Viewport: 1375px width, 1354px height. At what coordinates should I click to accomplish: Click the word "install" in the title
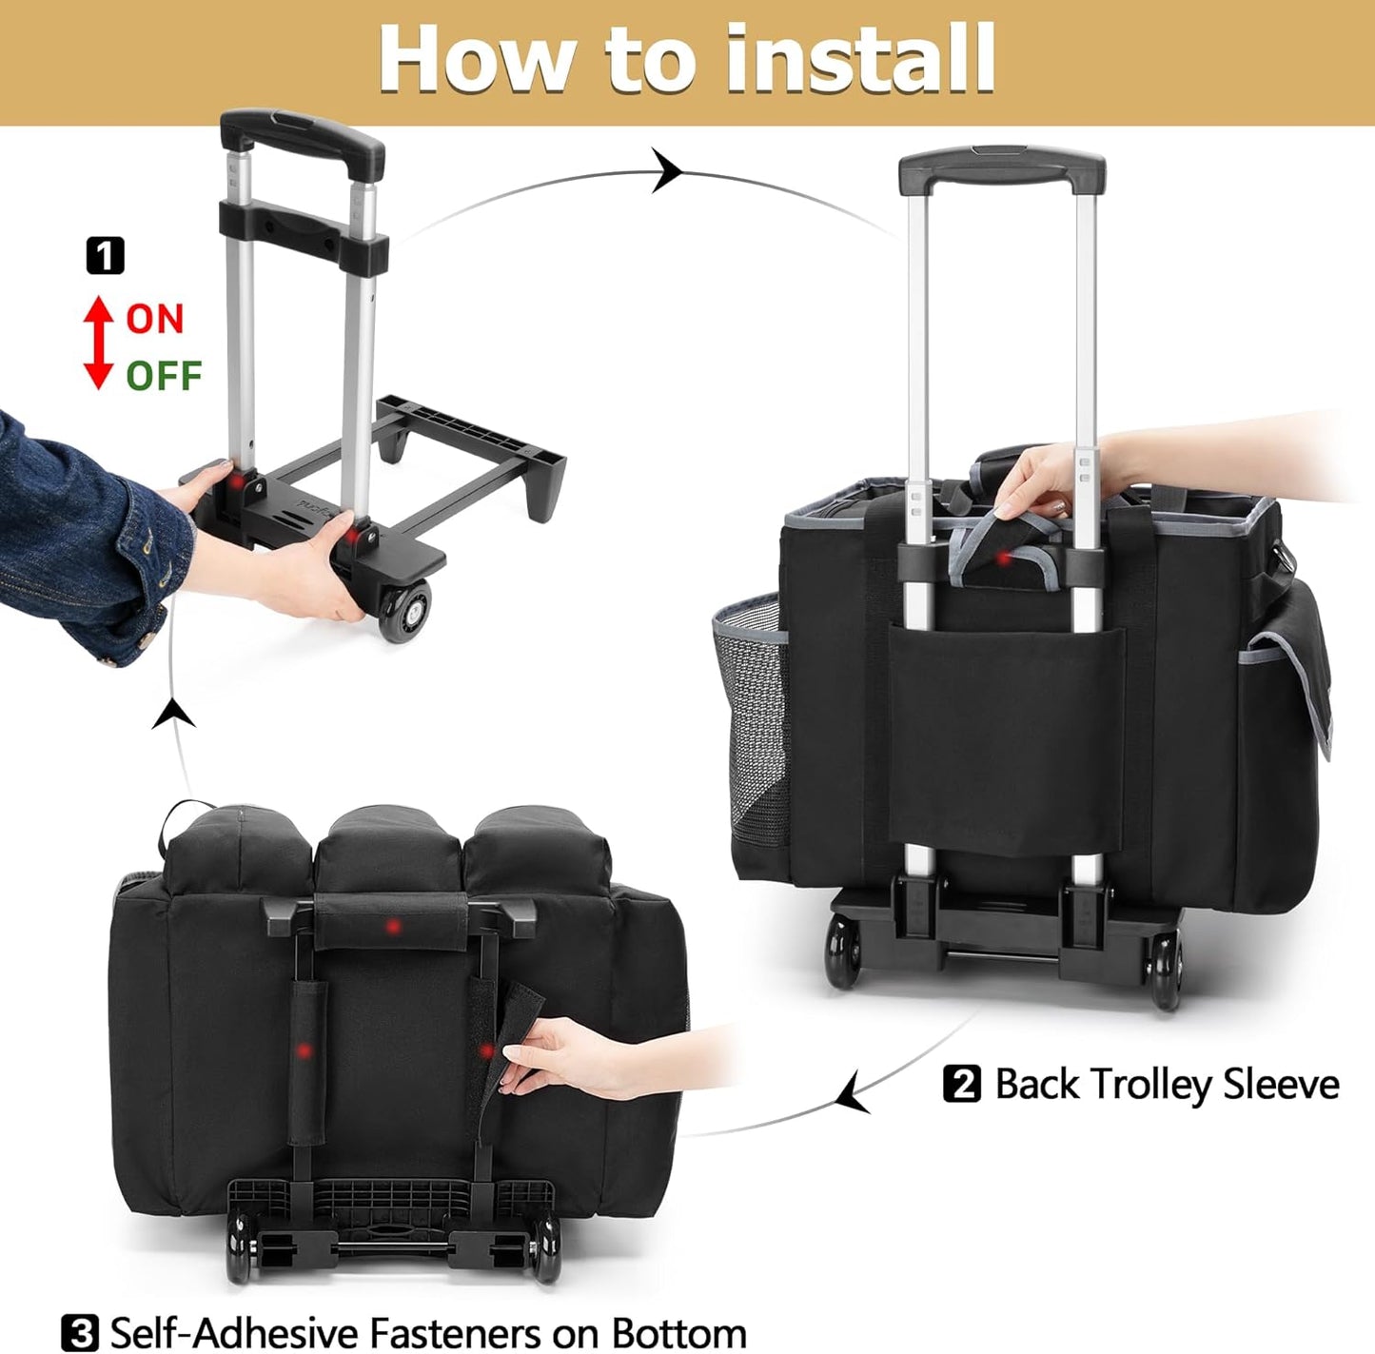point(859,59)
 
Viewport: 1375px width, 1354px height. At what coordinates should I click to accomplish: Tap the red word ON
point(154,319)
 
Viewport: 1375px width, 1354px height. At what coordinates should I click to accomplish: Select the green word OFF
point(164,376)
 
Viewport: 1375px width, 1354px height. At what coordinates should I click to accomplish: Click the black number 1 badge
point(105,256)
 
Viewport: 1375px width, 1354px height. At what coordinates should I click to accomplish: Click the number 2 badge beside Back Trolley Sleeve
point(961,1084)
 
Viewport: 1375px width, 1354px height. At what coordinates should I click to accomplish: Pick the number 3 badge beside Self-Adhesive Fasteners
point(79,1332)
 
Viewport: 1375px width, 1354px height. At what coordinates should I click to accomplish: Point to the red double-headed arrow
point(98,343)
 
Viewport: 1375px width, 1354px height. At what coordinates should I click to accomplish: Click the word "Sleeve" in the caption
point(1281,1084)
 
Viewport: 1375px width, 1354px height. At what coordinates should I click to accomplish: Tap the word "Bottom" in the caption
point(678,1332)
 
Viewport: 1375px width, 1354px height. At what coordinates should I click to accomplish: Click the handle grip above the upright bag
point(1002,170)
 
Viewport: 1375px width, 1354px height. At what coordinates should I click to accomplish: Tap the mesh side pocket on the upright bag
point(752,704)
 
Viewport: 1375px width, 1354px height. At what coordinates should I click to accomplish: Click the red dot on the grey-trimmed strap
point(1002,559)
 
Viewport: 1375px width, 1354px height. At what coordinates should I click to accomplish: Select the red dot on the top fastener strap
point(392,926)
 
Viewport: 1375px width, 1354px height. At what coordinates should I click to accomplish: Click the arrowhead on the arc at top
point(667,172)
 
